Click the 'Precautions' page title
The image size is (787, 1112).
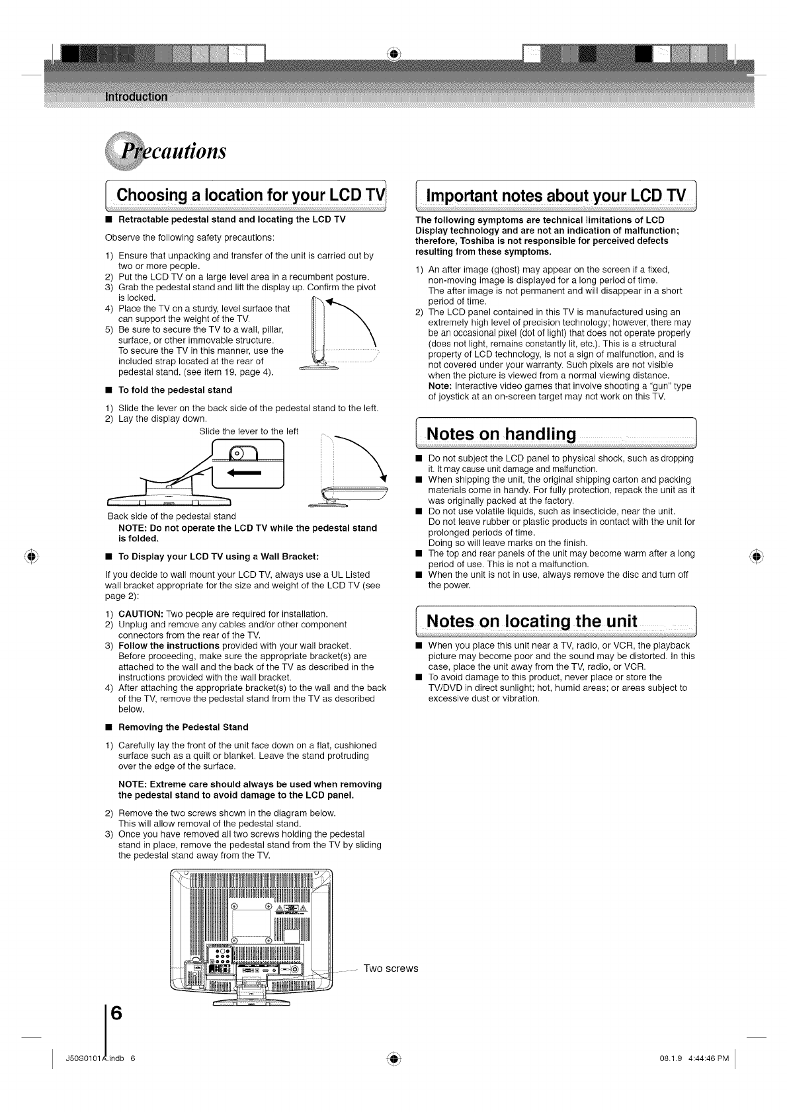coord(165,150)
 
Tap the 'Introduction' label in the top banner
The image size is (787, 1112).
coord(136,97)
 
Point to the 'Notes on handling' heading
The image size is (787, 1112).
coord(502,434)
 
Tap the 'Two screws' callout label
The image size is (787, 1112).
coord(391,969)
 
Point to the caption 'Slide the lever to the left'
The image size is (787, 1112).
coord(249,432)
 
